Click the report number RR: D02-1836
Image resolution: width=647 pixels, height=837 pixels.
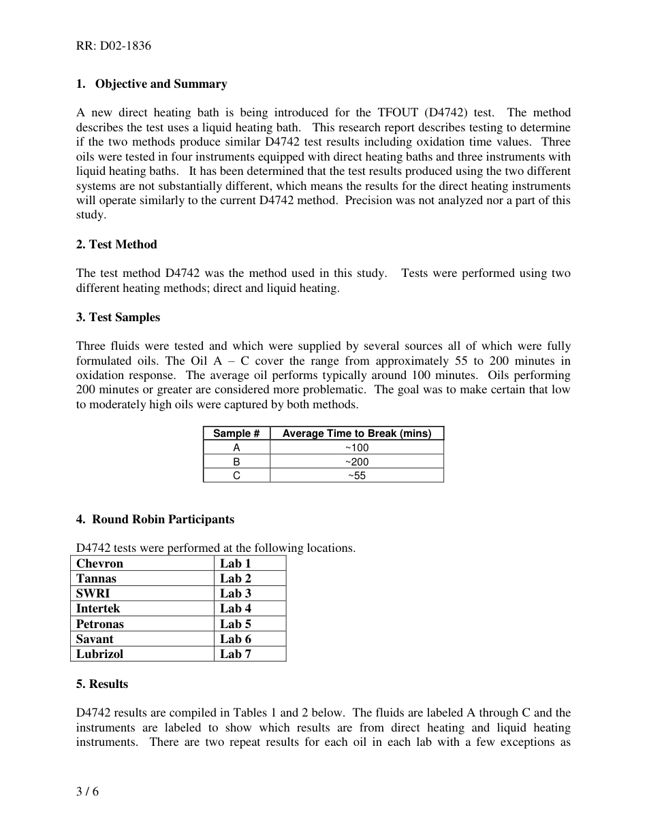click(x=113, y=46)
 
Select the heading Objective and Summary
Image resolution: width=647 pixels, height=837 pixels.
click(x=161, y=84)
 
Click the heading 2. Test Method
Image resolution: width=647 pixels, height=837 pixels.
click(x=116, y=244)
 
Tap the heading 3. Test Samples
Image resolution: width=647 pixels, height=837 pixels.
click(x=118, y=317)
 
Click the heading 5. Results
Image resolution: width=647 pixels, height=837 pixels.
click(x=102, y=684)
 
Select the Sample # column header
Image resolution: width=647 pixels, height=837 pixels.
click(x=236, y=433)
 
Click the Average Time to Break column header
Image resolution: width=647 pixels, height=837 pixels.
click(x=356, y=433)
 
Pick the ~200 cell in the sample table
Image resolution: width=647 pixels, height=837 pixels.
click(x=356, y=462)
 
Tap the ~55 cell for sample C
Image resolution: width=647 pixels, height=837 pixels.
click(x=356, y=476)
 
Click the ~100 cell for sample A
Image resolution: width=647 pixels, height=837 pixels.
click(x=356, y=448)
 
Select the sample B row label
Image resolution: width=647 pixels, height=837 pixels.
click(x=236, y=462)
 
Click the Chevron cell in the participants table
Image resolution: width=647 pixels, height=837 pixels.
click(x=99, y=563)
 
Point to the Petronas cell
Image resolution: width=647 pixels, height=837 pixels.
click(x=100, y=624)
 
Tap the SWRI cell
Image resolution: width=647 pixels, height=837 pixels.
click(x=93, y=593)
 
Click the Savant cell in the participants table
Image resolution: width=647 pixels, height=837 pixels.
click(x=95, y=639)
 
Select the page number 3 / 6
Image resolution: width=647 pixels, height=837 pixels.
click(x=87, y=791)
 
